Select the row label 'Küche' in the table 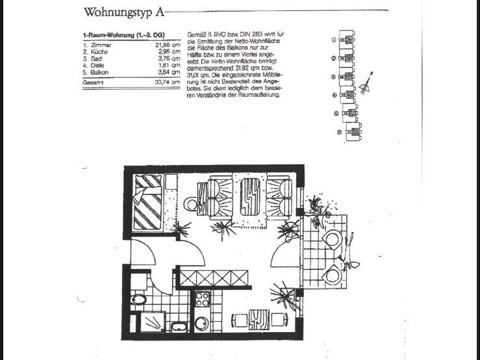[102, 51]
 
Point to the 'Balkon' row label [103, 72]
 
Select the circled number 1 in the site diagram [334, 40]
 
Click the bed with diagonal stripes [147, 202]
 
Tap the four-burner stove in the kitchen [202, 300]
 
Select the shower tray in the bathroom [152, 322]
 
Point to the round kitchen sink [201, 322]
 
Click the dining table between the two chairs [259, 319]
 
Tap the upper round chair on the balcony [333, 240]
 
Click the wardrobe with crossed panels [214, 279]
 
